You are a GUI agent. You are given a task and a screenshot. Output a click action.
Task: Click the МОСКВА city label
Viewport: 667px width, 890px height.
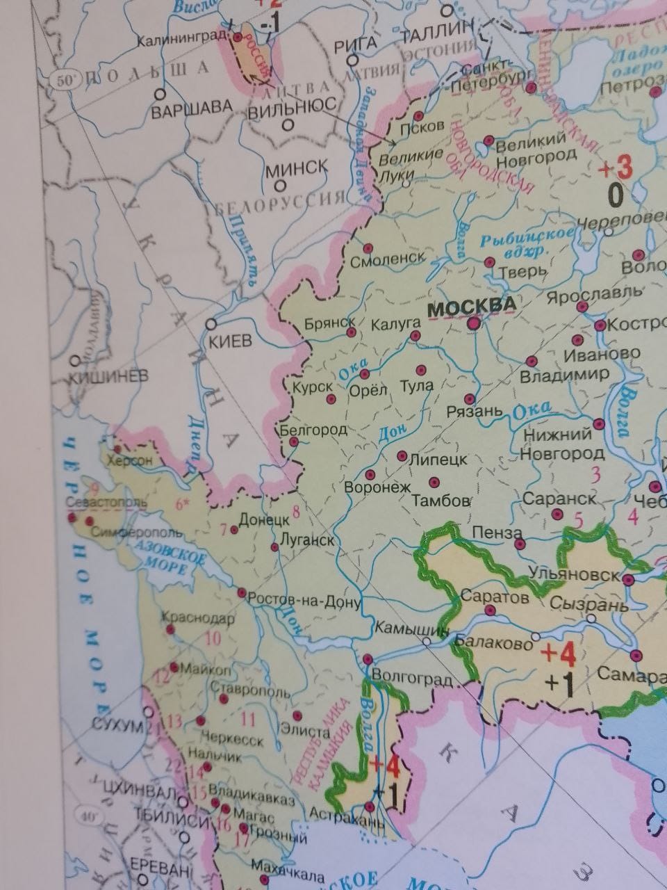[x=472, y=306]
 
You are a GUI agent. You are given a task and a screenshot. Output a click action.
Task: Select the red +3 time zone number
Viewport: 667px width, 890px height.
[x=616, y=168]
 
